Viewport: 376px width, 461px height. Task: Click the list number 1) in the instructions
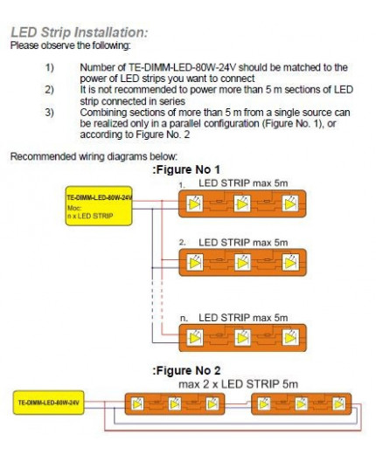[x=50, y=67]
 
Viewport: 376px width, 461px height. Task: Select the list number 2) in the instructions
[x=50, y=88]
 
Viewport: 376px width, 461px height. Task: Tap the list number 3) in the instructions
[x=50, y=111]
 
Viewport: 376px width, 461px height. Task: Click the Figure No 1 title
[x=186, y=169]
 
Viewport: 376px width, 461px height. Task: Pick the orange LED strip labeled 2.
[x=242, y=262]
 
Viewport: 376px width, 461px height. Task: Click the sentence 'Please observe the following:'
[x=70, y=45]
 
